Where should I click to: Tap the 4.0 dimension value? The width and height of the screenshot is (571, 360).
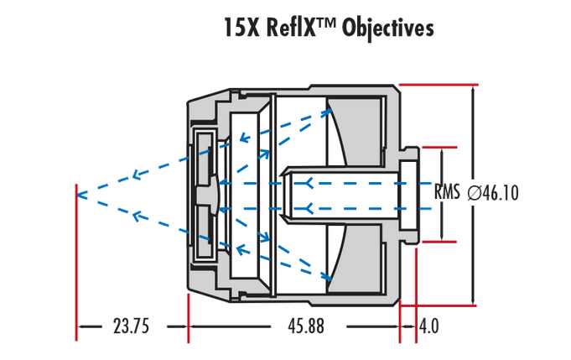point(428,326)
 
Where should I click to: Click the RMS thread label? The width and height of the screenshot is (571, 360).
point(447,193)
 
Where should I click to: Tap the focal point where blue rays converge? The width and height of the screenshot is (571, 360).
point(78,195)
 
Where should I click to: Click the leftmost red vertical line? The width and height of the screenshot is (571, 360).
point(77,260)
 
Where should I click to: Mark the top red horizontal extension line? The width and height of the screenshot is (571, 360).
point(437,84)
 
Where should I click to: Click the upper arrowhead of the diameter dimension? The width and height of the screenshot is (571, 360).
point(475,90)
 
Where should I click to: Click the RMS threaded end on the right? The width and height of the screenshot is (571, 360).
point(410,193)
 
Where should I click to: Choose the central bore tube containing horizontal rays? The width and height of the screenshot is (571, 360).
point(335,194)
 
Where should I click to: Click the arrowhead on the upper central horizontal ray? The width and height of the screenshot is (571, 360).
point(309,181)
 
